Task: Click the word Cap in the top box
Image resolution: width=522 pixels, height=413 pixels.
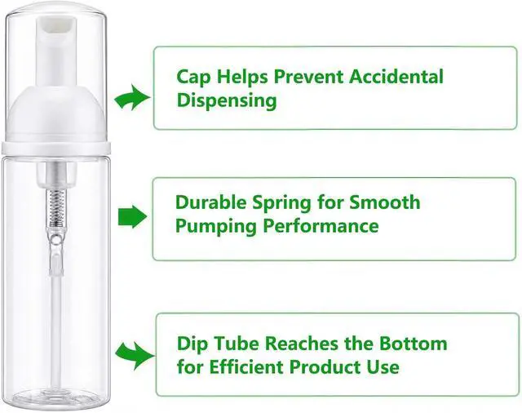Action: coord(193,78)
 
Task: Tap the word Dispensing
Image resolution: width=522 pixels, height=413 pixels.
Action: coord(227,100)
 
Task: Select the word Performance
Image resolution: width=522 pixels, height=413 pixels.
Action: coord(321,226)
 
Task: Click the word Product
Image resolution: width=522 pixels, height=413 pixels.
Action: coord(324,367)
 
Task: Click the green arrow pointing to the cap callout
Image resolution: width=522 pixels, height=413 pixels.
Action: coord(132,98)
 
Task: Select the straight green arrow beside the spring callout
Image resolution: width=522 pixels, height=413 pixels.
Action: coord(132,217)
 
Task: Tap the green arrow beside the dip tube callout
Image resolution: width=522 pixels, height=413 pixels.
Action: coord(135,355)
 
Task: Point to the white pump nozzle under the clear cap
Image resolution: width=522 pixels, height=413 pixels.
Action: coord(56,53)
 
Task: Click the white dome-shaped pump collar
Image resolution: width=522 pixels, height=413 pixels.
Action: coord(56,114)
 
